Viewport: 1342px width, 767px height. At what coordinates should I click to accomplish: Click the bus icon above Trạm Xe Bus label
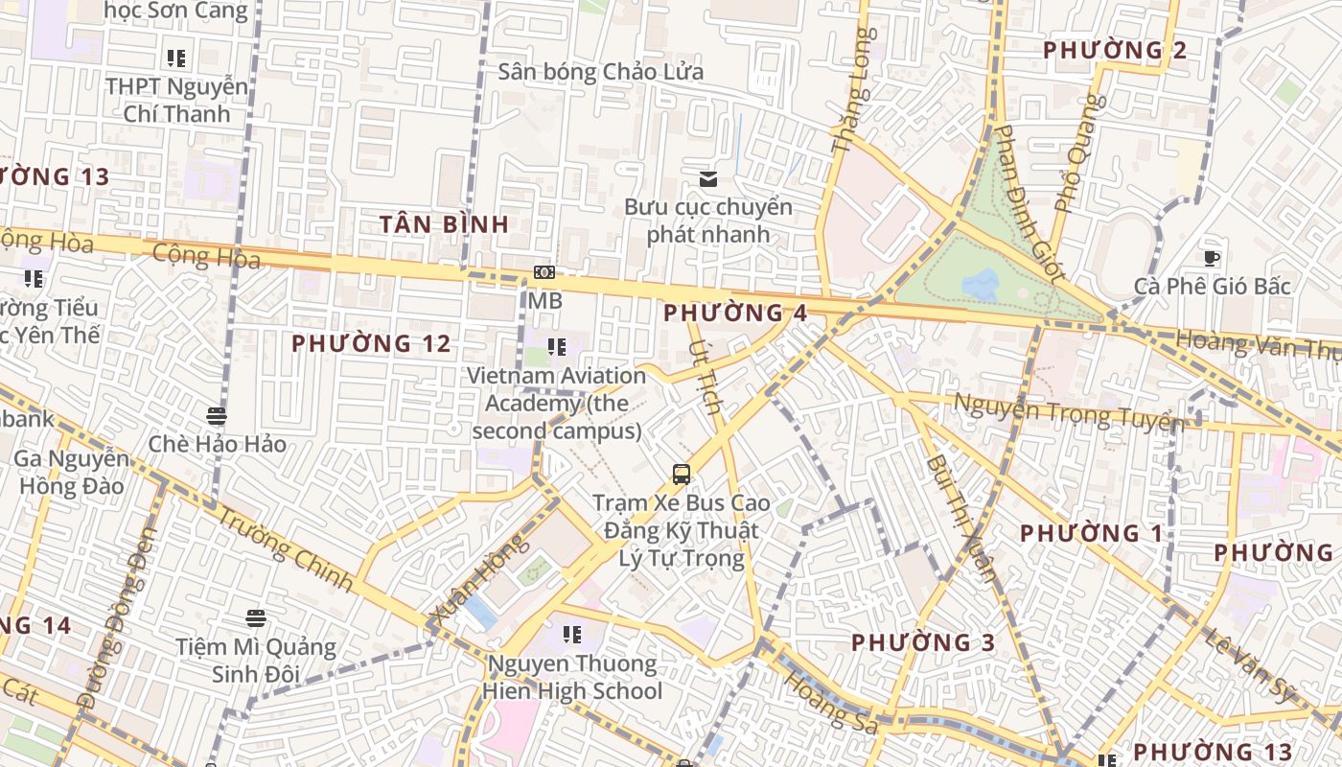tap(681, 474)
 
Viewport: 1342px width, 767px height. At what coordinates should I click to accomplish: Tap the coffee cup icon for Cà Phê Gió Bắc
tap(1212, 257)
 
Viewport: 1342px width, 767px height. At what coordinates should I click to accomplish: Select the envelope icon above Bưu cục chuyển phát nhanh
tap(708, 178)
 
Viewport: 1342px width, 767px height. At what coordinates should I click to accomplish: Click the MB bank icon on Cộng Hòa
tap(544, 273)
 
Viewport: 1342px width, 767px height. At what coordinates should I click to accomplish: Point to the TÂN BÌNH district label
tap(444, 224)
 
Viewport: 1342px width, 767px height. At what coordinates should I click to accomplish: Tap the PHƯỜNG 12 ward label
tap(371, 343)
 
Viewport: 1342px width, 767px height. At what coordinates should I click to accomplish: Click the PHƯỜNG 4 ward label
tap(735, 313)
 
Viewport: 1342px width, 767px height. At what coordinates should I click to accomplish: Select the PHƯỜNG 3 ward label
tap(923, 642)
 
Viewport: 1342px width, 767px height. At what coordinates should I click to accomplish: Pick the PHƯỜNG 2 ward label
tap(1115, 50)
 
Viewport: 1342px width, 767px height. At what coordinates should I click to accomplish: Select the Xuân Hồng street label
tap(479, 582)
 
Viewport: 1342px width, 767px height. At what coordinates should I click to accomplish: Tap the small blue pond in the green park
tap(980, 283)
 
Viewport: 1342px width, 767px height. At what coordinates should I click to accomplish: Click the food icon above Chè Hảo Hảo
tap(217, 416)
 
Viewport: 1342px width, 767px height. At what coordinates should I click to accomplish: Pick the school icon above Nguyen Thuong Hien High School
tap(572, 634)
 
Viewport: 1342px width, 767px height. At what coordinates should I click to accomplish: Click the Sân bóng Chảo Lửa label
tap(600, 72)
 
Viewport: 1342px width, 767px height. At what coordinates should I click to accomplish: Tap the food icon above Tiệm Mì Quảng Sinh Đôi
tap(255, 618)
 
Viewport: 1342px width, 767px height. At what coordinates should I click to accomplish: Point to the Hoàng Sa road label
tap(830, 704)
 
